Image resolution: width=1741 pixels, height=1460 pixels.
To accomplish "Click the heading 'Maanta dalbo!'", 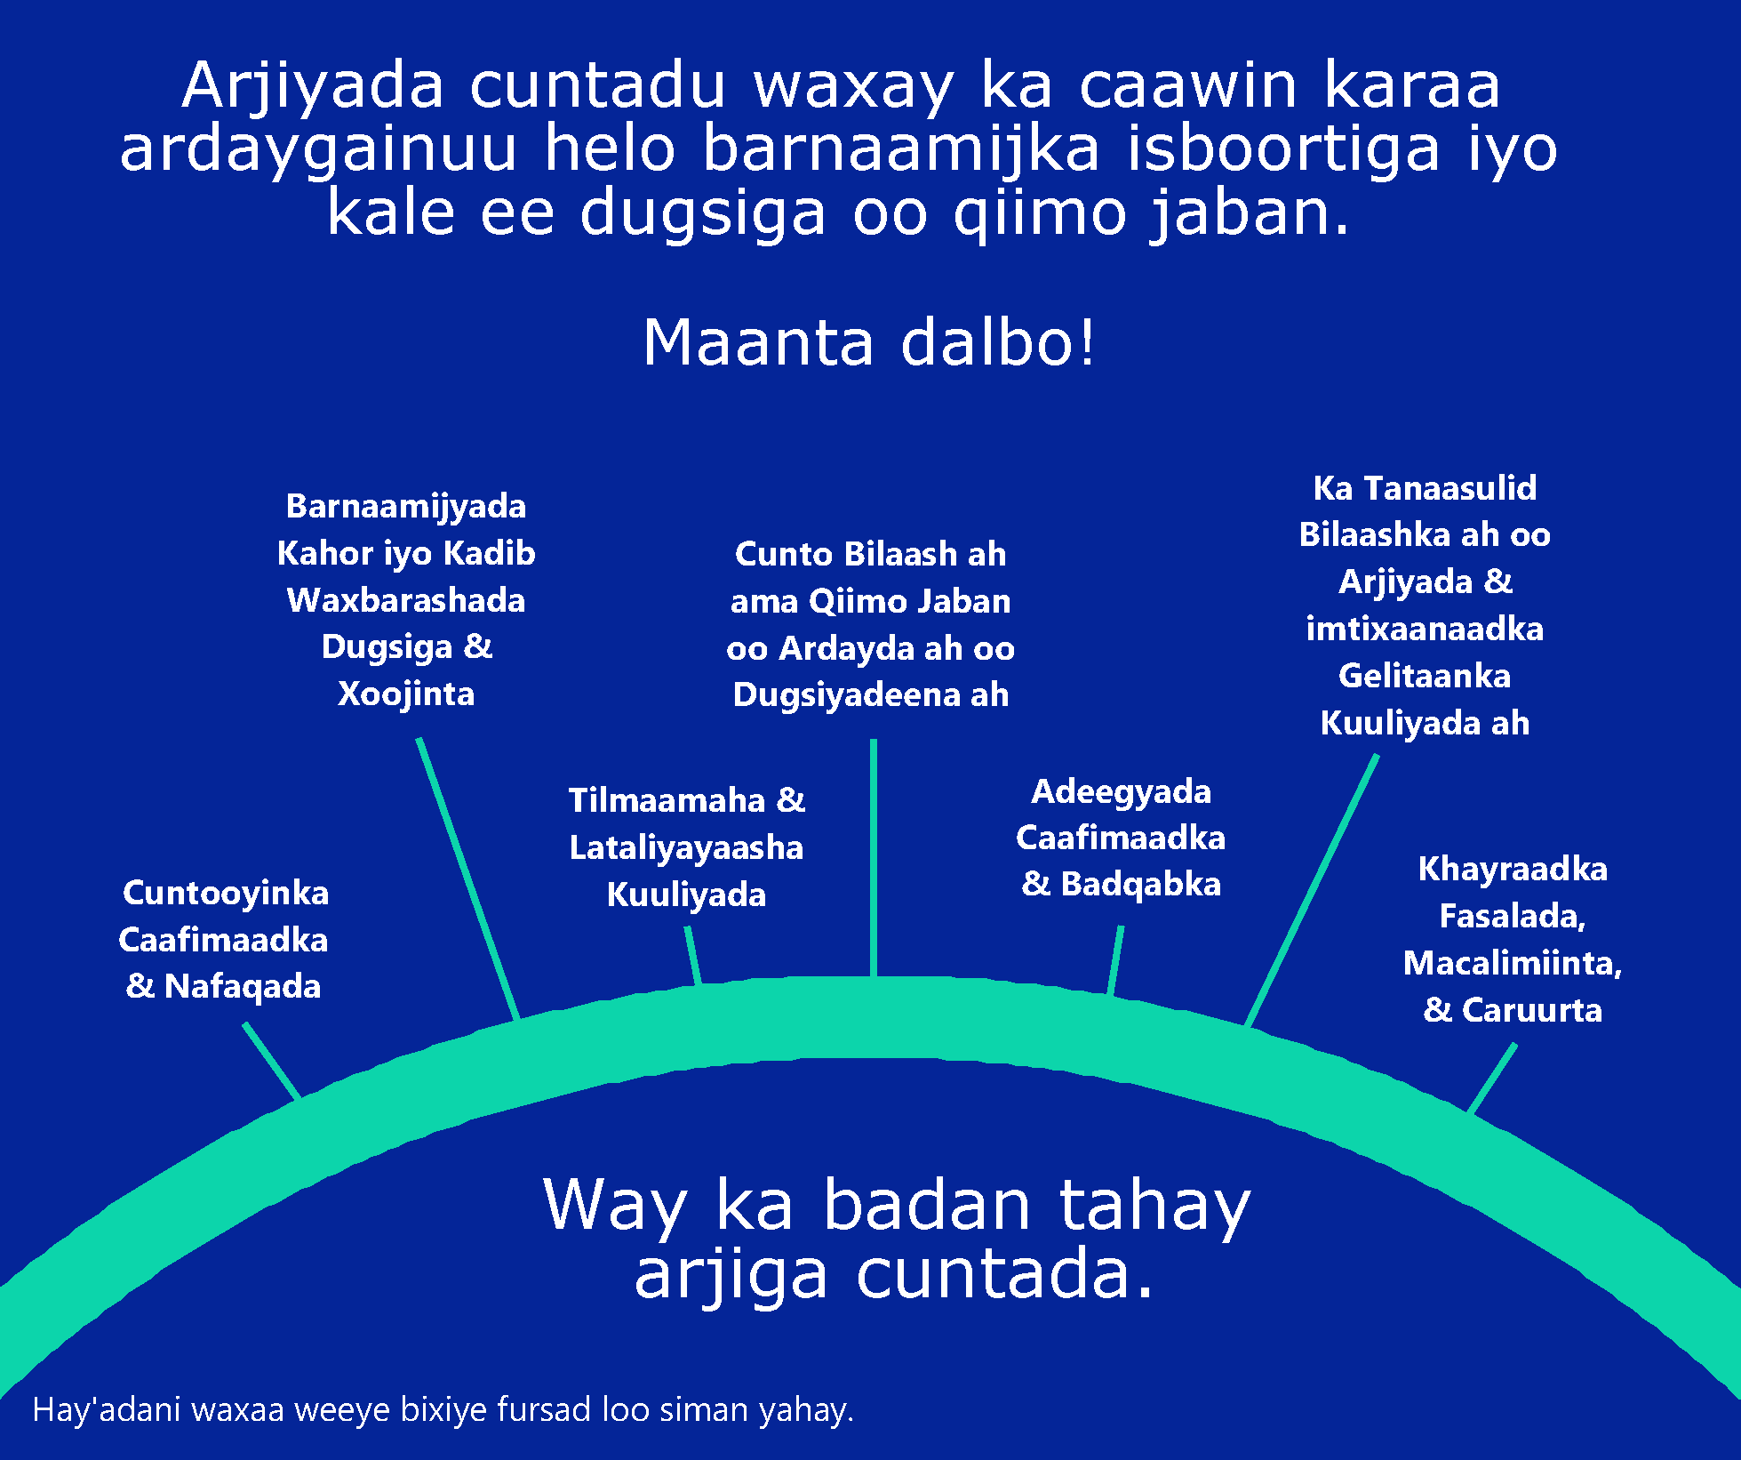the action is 869,342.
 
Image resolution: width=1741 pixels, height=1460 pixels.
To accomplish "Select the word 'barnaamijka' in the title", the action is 901,148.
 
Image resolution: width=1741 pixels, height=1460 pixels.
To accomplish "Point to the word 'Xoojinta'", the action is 406,694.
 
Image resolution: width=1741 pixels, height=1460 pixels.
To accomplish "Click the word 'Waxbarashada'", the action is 406,600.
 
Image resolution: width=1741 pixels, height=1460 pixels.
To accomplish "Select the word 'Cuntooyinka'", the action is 226,894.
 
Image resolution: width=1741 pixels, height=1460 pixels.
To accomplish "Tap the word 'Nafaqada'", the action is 243,986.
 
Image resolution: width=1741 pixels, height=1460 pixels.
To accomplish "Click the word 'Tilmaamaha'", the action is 667,800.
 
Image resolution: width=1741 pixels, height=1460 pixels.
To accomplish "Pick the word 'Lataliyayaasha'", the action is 686,848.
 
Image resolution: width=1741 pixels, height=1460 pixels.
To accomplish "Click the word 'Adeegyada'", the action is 1121,792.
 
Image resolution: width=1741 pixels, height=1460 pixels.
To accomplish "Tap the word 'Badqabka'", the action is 1141,885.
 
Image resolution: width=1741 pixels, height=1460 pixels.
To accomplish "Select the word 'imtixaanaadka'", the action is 1425,630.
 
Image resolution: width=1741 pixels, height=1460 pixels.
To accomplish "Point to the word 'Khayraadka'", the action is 1513,870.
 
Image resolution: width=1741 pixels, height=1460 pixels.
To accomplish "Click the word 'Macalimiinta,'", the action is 1513,963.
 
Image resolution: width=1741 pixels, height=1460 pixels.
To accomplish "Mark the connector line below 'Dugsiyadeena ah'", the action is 874,858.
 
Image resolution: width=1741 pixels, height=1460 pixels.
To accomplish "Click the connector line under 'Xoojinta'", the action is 467,878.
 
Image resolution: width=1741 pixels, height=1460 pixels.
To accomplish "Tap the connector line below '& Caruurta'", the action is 1492,1078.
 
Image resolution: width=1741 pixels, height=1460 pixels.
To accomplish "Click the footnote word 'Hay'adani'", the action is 107,1410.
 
